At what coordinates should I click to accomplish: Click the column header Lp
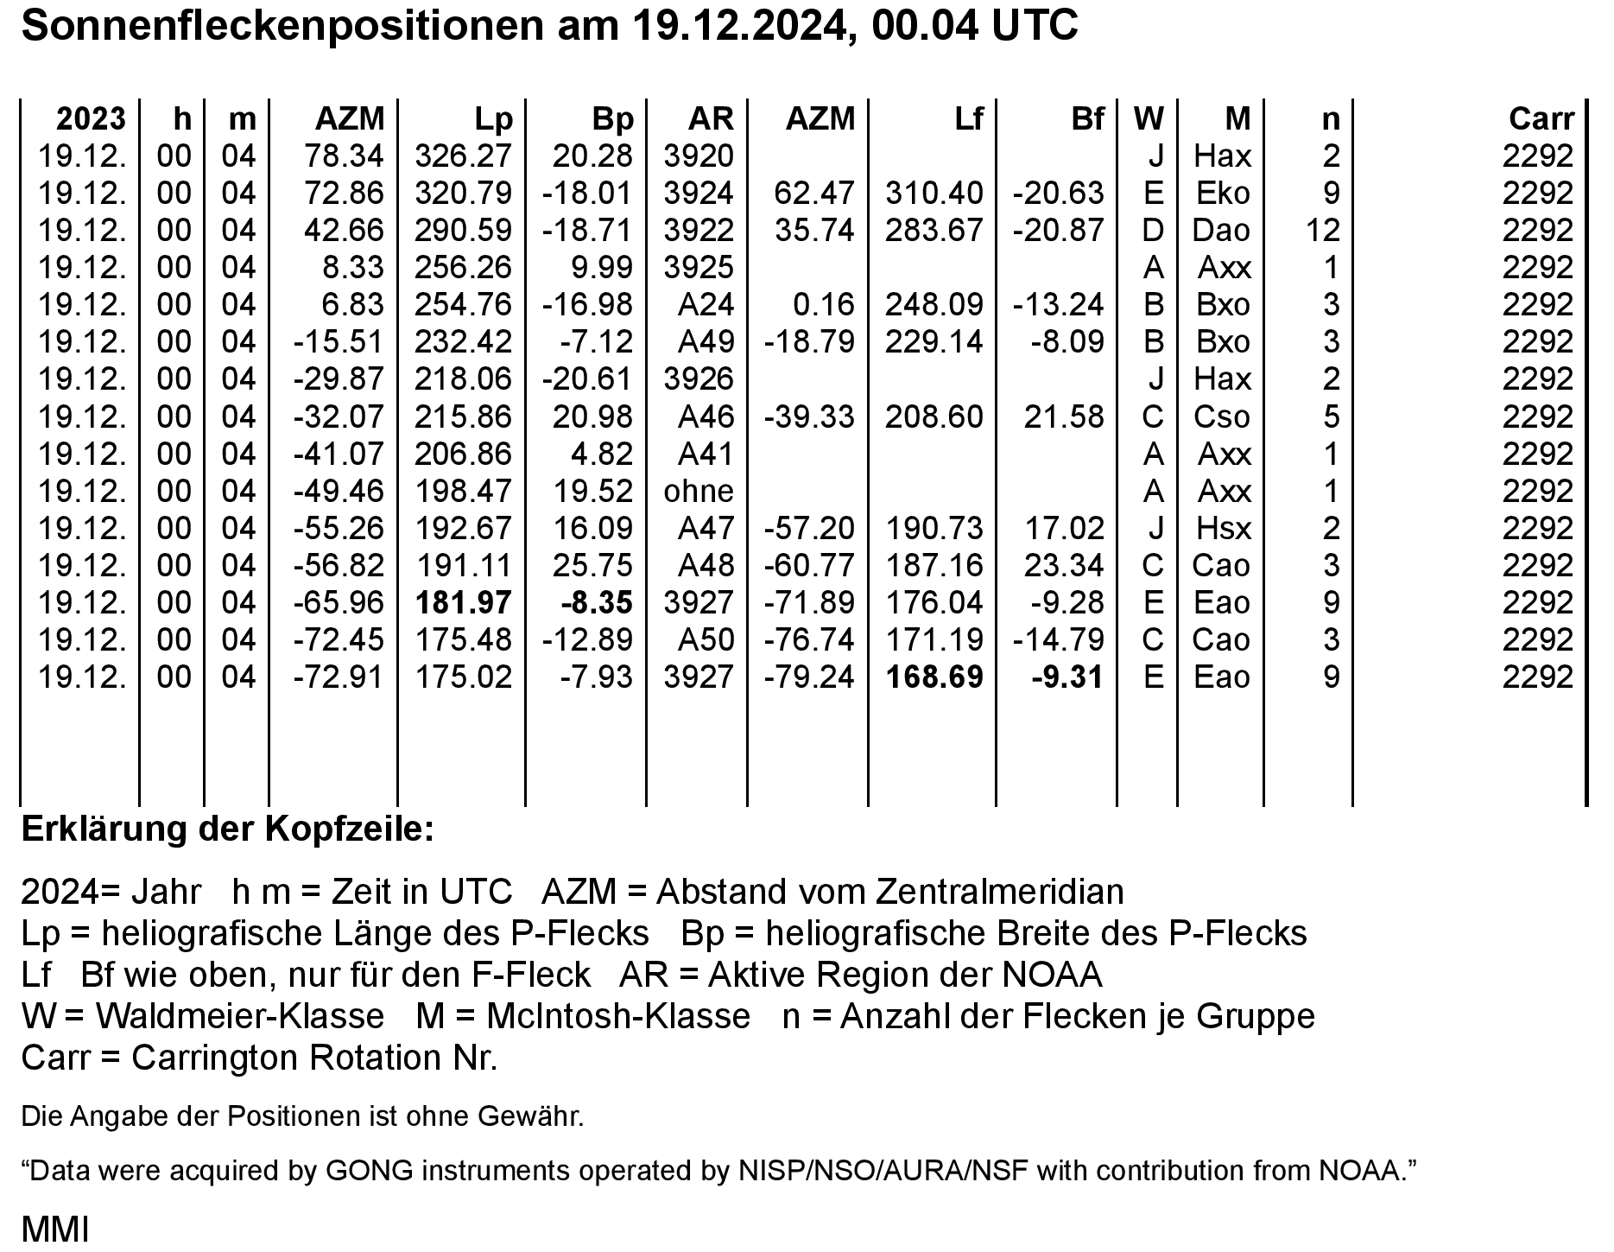click(493, 118)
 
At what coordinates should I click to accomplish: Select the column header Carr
click(1541, 118)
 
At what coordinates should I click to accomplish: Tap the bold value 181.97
click(464, 602)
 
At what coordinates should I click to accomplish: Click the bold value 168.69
click(934, 677)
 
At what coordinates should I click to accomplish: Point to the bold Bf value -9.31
click(1067, 677)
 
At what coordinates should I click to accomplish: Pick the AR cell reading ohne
click(699, 491)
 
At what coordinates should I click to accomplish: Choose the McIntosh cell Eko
click(1222, 193)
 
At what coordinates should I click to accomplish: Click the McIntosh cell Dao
click(1221, 230)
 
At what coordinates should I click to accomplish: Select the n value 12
click(1323, 230)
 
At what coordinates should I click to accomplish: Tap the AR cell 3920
click(699, 156)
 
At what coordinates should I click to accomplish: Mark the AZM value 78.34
click(344, 156)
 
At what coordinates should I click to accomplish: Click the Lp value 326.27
click(464, 156)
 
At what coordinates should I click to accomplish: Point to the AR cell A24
click(706, 304)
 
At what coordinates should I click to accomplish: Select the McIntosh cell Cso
click(1221, 416)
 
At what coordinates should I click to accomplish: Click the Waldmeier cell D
click(1153, 230)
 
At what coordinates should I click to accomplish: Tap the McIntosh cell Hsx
click(1222, 528)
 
